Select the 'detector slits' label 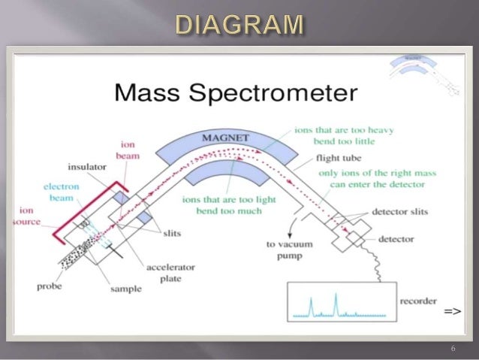(x=400, y=213)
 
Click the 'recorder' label (x=417, y=301)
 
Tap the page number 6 (x=453, y=349)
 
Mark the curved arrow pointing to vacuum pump (x=292, y=225)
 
